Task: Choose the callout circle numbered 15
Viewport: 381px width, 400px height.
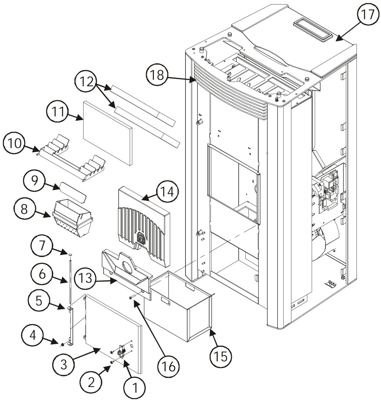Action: tap(221, 355)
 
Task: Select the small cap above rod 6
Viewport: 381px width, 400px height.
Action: tap(70, 254)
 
